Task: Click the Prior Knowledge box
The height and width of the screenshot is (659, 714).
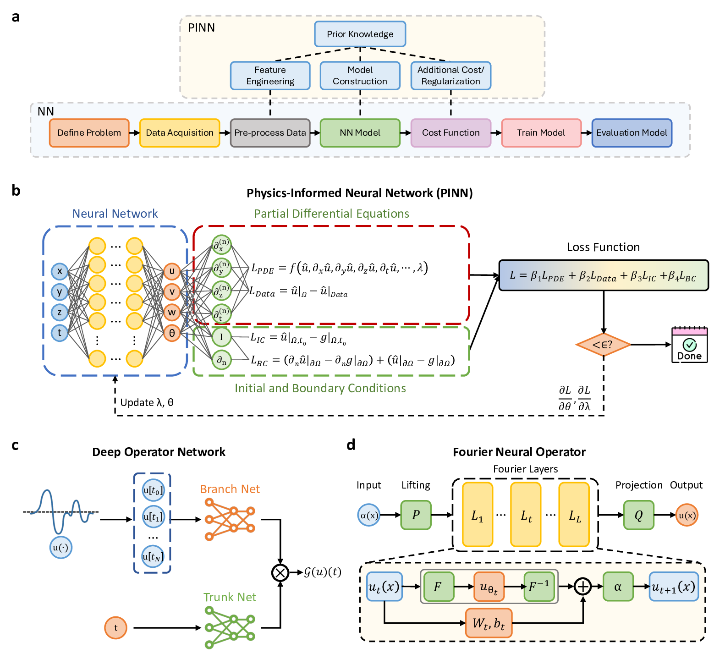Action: [x=360, y=34]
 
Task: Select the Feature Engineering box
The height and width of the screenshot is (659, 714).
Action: [x=270, y=76]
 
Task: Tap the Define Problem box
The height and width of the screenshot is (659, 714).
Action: [x=89, y=133]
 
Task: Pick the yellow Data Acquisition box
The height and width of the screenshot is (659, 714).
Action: [x=180, y=133]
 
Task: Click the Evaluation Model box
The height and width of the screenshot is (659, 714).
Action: [x=632, y=133]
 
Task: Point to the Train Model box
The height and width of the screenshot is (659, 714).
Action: [x=541, y=133]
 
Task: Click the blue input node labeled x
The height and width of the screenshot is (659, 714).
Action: [x=60, y=271]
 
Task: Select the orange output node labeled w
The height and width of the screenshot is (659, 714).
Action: [x=172, y=313]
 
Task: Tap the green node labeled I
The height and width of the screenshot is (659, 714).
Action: [x=221, y=337]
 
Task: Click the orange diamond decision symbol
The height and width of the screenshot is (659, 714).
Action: [x=603, y=345]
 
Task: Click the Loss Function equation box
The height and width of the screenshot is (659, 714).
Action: [x=603, y=275]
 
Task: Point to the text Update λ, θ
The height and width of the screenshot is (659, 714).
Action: [x=147, y=402]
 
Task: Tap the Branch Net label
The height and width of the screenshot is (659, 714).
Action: [x=230, y=489]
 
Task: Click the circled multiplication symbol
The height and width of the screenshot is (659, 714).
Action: [x=280, y=572]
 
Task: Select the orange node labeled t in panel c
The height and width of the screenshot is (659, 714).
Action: [x=115, y=628]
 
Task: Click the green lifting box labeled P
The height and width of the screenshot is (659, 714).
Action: [x=416, y=515]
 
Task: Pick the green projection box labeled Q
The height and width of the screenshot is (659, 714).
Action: [x=638, y=515]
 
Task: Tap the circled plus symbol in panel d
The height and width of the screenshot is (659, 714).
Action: [x=583, y=586]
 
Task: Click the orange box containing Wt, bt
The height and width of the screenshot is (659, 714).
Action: [x=489, y=623]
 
